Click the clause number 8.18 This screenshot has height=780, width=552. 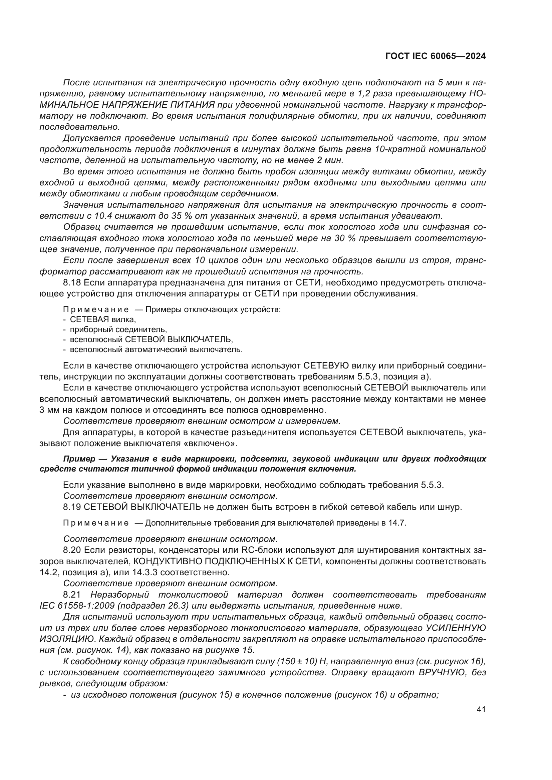(72, 283)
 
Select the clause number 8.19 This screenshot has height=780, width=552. (72, 507)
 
